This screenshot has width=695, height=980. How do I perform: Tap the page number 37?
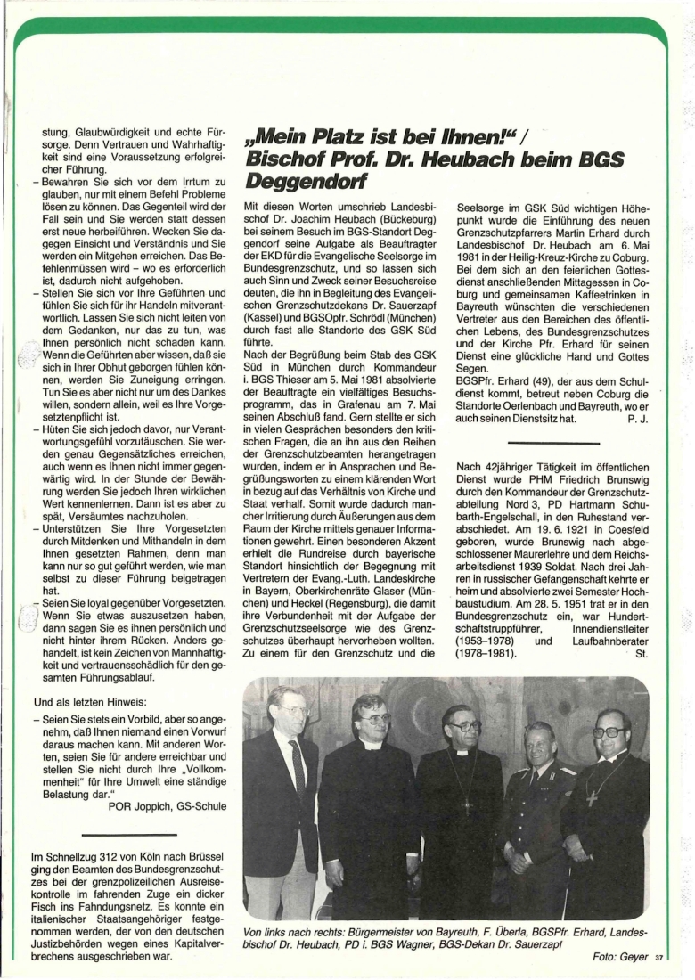[659, 959]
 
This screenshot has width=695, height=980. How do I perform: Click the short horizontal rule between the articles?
[552, 443]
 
